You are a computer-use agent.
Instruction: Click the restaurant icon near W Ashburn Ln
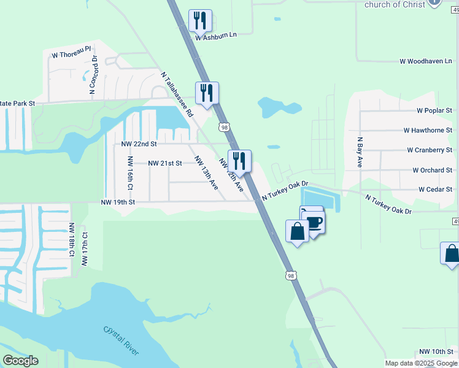pos(199,20)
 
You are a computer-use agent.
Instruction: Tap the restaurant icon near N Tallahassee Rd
pos(207,93)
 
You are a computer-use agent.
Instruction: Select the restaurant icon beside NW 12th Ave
pos(239,161)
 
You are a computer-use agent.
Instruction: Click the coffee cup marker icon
pos(314,222)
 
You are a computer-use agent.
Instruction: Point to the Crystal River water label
pos(121,339)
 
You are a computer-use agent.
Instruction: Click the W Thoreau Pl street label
pos(71,55)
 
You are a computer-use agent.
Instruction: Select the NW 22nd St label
pos(139,144)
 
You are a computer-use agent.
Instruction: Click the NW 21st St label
pos(165,163)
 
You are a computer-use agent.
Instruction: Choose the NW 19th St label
pos(117,201)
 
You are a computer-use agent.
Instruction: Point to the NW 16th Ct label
pos(130,172)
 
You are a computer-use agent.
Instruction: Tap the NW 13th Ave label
pos(206,172)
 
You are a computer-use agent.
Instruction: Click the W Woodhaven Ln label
pos(426,61)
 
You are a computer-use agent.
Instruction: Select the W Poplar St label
pos(434,111)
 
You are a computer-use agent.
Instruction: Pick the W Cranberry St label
pos(430,150)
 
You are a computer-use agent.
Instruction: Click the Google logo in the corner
pos(20,361)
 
